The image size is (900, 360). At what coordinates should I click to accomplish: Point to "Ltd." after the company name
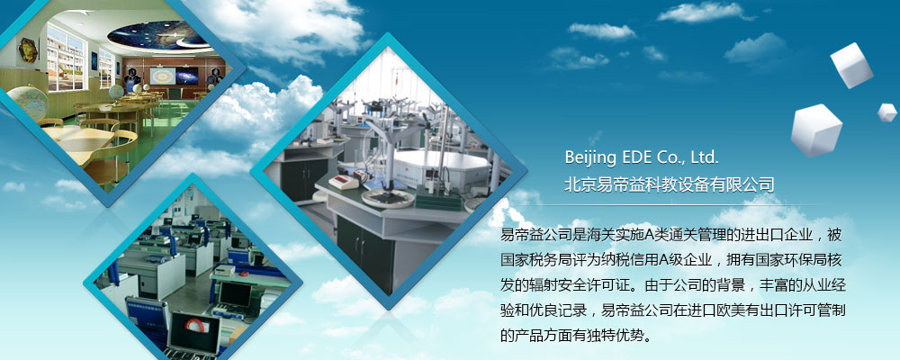pos(705,157)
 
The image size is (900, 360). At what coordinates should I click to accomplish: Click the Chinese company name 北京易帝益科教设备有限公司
pos(670,184)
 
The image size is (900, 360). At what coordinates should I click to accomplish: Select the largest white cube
pos(815,130)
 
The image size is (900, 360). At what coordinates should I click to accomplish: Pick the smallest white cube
pos(886,112)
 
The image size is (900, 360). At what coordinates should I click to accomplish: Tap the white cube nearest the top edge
pos(851,66)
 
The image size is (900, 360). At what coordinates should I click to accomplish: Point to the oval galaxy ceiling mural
pos(157,36)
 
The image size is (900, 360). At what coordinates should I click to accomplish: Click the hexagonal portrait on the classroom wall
pos(28,50)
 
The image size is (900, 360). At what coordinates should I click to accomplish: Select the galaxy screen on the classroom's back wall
pos(186,76)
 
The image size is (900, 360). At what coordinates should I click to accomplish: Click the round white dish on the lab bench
pos(387,198)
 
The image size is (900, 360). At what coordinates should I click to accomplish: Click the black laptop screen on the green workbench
pos(235,294)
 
